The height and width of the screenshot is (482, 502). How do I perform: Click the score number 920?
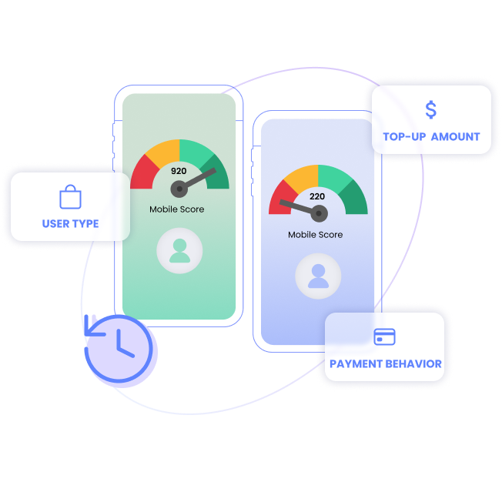point(179,171)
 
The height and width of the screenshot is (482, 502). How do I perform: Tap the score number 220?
point(317,196)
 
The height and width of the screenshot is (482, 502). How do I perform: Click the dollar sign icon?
point(431,110)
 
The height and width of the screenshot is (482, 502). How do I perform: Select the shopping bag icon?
point(70,196)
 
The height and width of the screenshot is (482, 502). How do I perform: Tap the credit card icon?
point(384,336)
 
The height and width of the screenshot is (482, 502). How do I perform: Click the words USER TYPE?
point(70,223)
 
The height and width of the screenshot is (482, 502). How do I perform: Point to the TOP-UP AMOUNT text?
point(431,137)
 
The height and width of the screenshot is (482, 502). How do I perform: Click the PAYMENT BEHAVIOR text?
point(386,364)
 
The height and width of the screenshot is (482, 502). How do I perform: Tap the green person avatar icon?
point(179,251)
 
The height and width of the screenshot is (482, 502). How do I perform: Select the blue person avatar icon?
point(318,276)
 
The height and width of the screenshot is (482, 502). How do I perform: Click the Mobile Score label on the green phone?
point(177,209)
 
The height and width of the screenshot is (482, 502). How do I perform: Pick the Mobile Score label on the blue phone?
point(316,235)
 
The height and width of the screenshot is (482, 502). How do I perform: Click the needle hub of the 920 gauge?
point(179,189)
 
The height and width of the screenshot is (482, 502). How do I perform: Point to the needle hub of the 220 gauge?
point(319,213)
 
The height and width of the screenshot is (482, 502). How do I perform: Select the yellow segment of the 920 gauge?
point(164,152)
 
